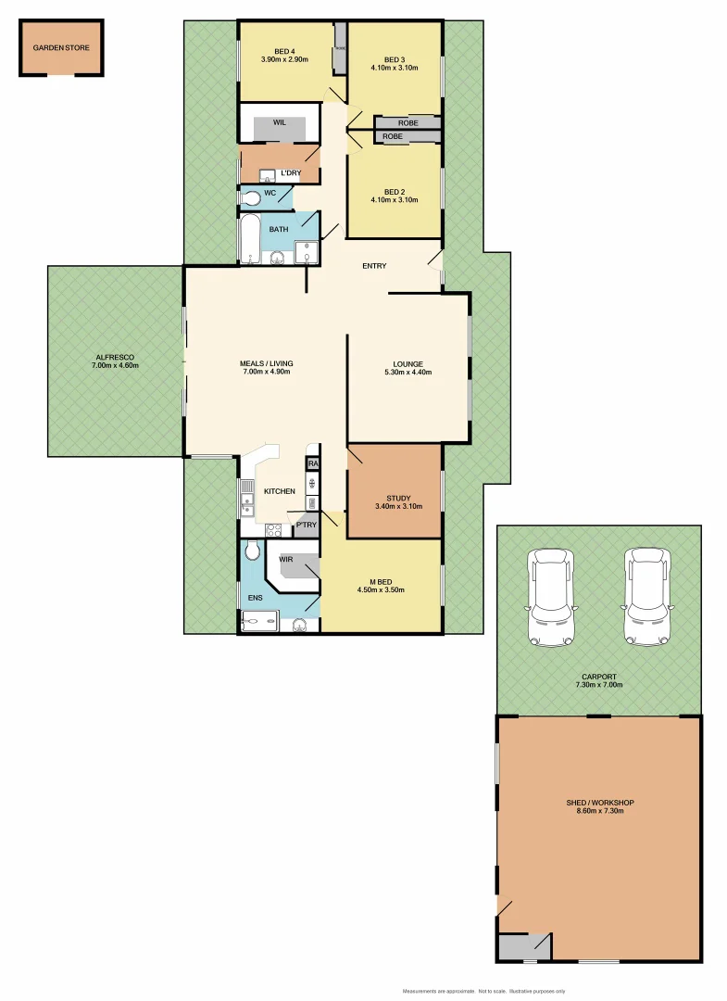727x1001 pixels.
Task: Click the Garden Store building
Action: click(62, 48)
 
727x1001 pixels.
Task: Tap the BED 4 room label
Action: click(284, 51)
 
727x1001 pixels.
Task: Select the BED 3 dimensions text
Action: click(395, 67)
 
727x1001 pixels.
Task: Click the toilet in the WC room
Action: click(249, 197)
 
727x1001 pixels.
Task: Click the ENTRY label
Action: click(374, 266)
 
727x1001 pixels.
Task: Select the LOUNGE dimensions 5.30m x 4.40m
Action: click(407, 373)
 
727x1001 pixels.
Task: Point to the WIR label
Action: click(285, 560)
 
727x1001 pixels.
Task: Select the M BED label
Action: click(381, 580)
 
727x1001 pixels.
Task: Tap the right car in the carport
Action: click(646, 598)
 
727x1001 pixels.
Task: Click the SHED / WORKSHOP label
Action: click(599, 803)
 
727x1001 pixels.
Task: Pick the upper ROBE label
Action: click(407, 123)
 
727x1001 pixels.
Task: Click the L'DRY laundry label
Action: click(291, 173)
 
